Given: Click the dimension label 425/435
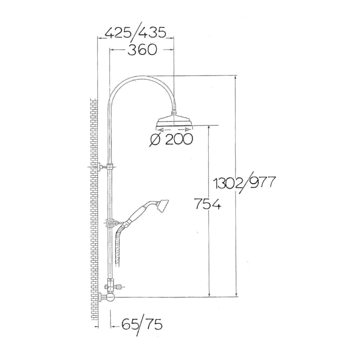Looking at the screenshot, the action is pos(135,33).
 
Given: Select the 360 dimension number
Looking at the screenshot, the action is pos(142,49).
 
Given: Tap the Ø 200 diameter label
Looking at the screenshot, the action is pos(171,139).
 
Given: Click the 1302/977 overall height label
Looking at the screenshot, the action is pos(244,183).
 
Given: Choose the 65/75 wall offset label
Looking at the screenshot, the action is pos(142,324).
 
